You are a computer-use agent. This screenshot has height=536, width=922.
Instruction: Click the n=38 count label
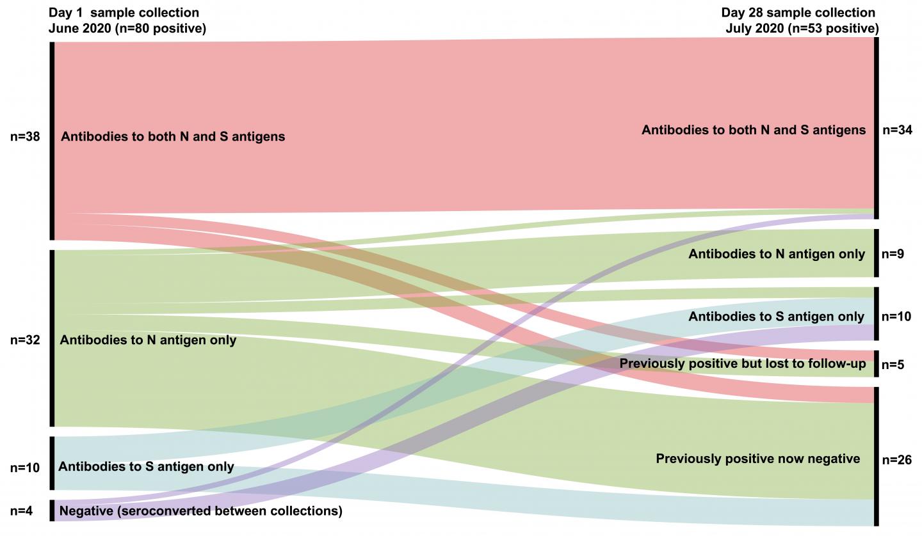pos(26,136)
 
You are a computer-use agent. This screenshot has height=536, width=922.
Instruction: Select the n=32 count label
pos(26,340)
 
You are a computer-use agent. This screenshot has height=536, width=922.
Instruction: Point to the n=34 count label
pos(896,130)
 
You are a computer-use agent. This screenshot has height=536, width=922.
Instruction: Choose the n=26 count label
pos(896,459)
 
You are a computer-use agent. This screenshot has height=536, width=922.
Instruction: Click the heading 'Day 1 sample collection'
pos(124,13)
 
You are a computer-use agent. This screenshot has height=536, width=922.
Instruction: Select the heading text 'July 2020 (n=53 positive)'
pos(802,28)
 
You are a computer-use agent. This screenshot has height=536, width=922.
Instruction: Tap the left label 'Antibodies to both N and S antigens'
pos(173,136)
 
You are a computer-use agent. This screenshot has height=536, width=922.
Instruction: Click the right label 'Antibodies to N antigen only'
pos(777,254)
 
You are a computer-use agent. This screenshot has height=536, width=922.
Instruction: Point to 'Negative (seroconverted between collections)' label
pos(200,511)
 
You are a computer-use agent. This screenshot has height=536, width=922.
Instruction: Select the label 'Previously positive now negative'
pos(757,459)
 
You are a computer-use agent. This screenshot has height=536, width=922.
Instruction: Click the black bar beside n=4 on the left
pos(53,511)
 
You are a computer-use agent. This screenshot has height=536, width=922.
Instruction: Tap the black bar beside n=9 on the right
pos(876,253)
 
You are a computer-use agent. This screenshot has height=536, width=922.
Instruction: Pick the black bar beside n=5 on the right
pos(876,364)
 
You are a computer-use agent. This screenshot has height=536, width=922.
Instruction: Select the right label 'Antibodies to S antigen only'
pos(777,317)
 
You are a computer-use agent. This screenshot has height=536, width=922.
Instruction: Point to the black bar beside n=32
pos(53,338)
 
